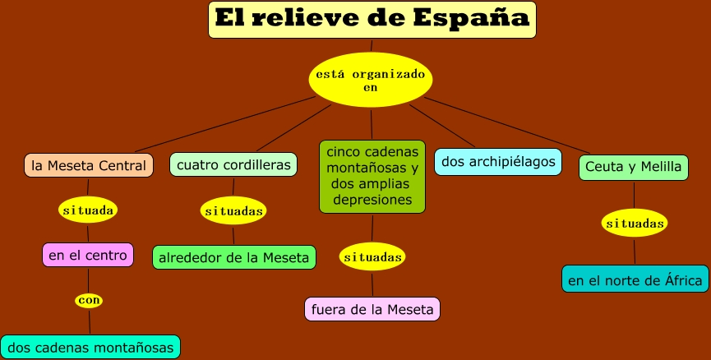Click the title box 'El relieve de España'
[372, 20]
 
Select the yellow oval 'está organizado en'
[371, 80]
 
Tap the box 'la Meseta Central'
[89, 165]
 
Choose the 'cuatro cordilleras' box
[233, 164]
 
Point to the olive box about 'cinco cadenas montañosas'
[372, 176]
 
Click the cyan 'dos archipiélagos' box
[498, 161]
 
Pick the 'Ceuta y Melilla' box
[633, 167]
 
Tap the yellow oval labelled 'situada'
[88, 210]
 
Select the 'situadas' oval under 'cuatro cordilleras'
[233, 211]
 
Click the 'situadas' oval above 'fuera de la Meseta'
[373, 257]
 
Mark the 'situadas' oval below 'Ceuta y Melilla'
[634, 223]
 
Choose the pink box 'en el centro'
[88, 255]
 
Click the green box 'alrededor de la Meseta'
[234, 257]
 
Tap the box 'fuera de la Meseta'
[372, 309]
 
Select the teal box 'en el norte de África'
[635, 279]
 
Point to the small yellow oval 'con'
[89, 301]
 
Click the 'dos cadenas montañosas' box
[90, 347]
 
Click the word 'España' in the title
[479, 18]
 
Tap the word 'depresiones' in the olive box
[372, 200]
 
